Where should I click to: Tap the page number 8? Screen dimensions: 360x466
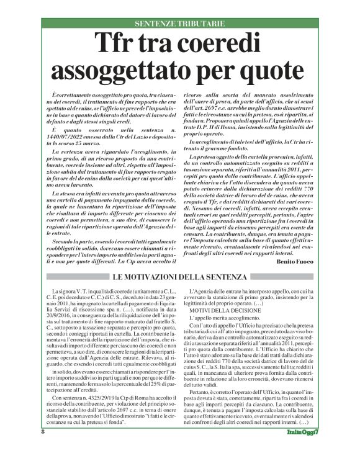tap(43, 449)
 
